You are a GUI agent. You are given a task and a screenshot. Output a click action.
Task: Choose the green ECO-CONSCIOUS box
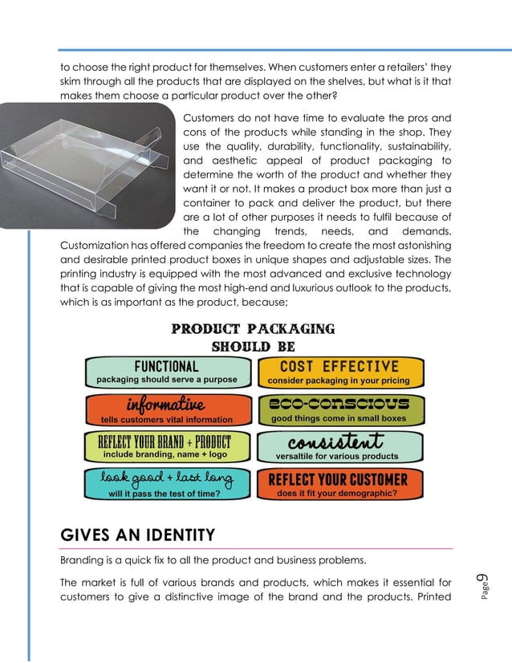click(x=338, y=409)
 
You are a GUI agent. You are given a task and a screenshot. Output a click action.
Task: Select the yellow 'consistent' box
click(x=338, y=446)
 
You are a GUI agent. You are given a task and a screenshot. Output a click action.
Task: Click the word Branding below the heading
click(x=85, y=560)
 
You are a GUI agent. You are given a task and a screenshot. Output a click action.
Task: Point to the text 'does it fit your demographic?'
click(x=337, y=494)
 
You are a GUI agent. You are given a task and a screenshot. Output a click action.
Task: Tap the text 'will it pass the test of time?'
click(x=165, y=494)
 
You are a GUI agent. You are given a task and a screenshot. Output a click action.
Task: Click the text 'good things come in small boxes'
click(x=338, y=418)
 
